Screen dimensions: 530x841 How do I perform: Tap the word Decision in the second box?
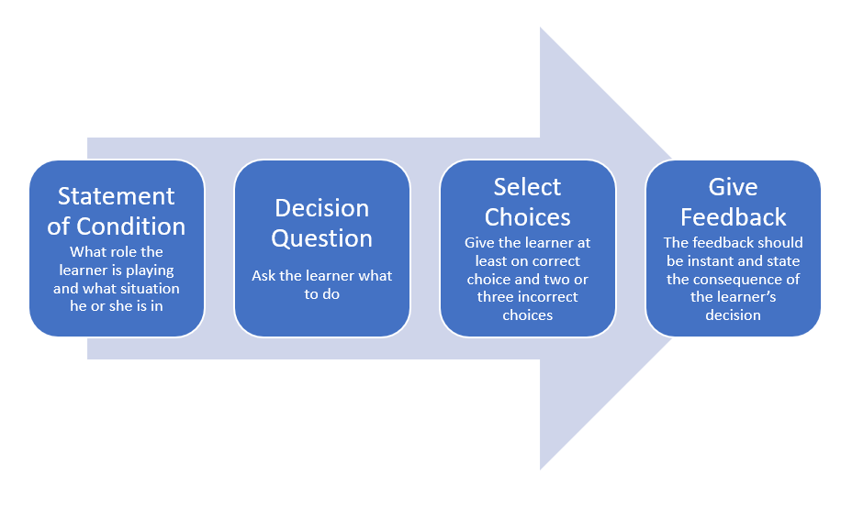tap(322, 208)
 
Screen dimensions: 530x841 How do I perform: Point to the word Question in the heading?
tap(322, 238)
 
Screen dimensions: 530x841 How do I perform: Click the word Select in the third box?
tap(527, 187)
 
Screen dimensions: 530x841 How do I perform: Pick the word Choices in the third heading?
tap(527, 217)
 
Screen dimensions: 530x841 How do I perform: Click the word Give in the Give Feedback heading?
tap(733, 187)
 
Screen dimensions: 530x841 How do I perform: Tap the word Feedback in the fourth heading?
tap(733, 217)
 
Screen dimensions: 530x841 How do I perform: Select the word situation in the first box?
tap(149, 288)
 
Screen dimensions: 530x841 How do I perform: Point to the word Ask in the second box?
tap(264, 275)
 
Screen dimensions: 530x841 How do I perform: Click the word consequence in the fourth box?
tap(751, 279)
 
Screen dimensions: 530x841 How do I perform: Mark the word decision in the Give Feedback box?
tap(733, 315)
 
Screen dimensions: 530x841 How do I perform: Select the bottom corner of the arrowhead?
tap(541, 468)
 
